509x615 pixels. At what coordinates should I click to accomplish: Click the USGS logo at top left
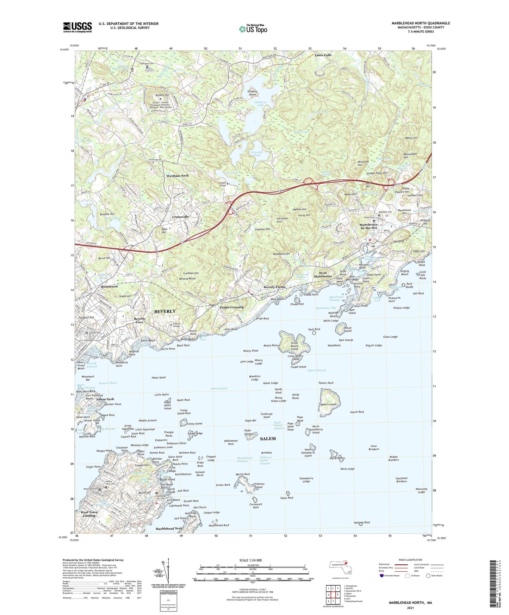(x=77, y=27)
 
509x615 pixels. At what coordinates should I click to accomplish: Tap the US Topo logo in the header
(x=253, y=29)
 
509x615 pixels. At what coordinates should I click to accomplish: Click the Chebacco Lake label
(x=256, y=103)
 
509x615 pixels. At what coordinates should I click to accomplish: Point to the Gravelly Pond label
(x=256, y=154)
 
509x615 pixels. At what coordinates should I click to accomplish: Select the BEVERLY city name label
(x=165, y=311)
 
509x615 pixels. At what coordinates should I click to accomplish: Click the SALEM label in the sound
(x=268, y=439)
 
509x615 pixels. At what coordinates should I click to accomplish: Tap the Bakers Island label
(x=328, y=404)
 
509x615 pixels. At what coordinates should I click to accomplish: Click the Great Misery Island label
(x=294, y=346)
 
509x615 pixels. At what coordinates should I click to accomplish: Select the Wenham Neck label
(x=178, y=175)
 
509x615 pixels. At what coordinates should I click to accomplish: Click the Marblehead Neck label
(x=169, y=529)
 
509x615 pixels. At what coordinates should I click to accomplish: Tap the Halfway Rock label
(x=362, y=522)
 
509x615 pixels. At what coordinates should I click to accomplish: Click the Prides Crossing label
(x=232, y=307)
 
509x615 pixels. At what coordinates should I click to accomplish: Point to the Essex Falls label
(x=323, y=55)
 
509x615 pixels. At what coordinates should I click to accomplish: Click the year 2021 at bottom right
(x=410, y=608)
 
